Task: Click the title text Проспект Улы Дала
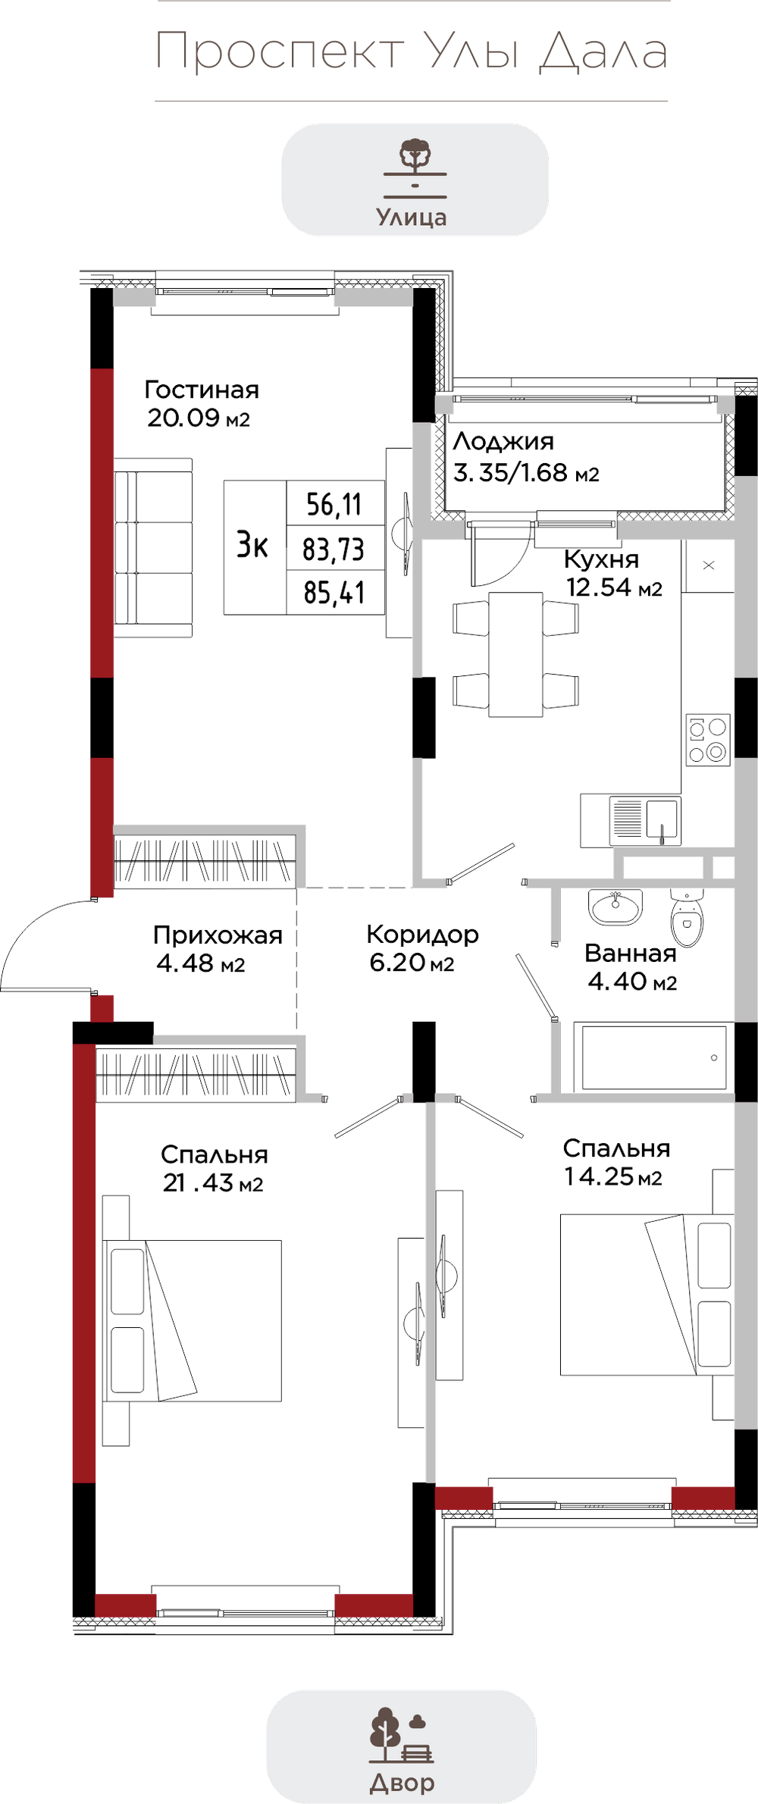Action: tap(412, 52)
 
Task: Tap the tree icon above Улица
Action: tap(415, 154)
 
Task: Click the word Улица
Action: tap(412, 218)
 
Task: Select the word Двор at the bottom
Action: tap(402, 1783)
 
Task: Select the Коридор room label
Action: tap(422, 947)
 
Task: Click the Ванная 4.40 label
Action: tap(631, 967)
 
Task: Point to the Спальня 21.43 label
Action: tap(214, 1169)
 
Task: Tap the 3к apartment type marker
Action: tap(253, 546)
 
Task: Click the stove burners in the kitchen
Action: tap(708, 738)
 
